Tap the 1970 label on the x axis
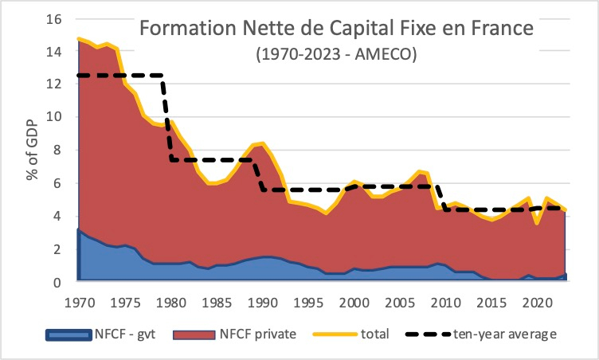(78, 303)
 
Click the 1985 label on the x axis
(209, 303)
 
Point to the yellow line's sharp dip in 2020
(539, 224)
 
